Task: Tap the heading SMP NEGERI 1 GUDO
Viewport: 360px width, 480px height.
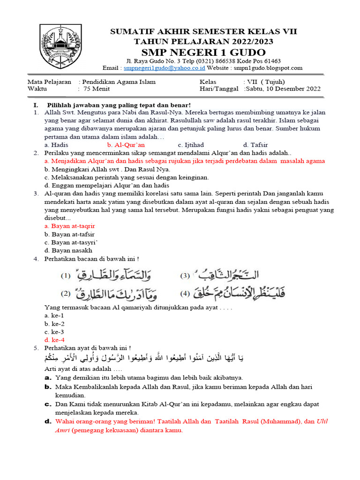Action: (203, 52)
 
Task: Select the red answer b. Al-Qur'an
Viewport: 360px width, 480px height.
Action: (126, 145)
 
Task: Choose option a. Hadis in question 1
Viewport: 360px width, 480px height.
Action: (56, 145)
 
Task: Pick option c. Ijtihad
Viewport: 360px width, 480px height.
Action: (191, 145)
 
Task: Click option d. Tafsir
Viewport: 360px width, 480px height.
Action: (255, 145)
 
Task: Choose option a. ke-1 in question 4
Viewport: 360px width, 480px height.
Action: (54, 315)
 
